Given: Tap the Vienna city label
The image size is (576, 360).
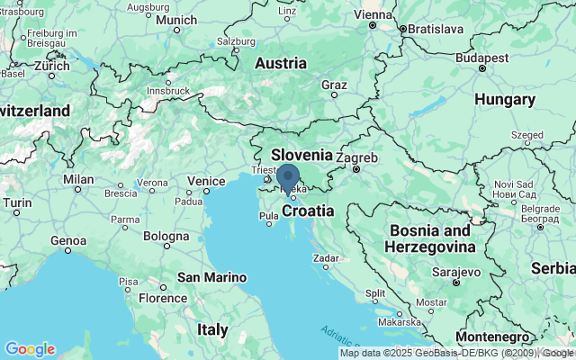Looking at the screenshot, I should coord(373,14).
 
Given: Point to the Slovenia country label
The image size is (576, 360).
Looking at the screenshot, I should coord(301,154).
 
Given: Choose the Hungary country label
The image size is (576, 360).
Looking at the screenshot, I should coord(505,98).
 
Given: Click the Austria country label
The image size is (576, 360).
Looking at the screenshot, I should coord(281,64).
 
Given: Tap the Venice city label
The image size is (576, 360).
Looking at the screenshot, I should coord(206,181).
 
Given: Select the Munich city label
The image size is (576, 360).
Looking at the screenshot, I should coord(175,20).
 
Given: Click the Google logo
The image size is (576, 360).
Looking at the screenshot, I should coord(30,349).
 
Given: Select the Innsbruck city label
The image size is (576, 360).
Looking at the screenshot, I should coord(169,90).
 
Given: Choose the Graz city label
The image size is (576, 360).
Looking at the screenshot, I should coord(334,85).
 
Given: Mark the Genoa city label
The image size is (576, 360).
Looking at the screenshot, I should coord(68,240).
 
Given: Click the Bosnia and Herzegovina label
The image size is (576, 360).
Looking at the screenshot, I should coord(430,238).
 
